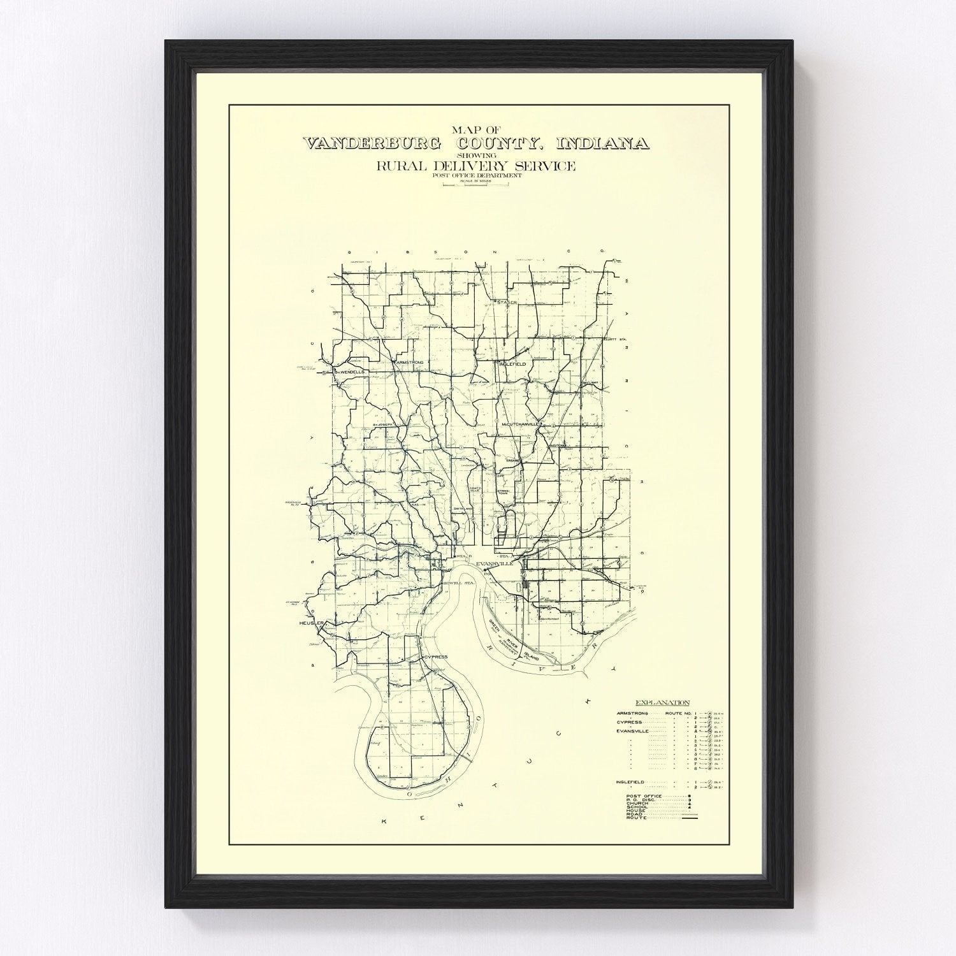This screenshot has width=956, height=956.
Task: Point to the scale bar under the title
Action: pos(477,184)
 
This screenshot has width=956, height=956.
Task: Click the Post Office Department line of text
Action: pos(477,175)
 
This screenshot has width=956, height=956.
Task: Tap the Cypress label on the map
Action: pos(435,656)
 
